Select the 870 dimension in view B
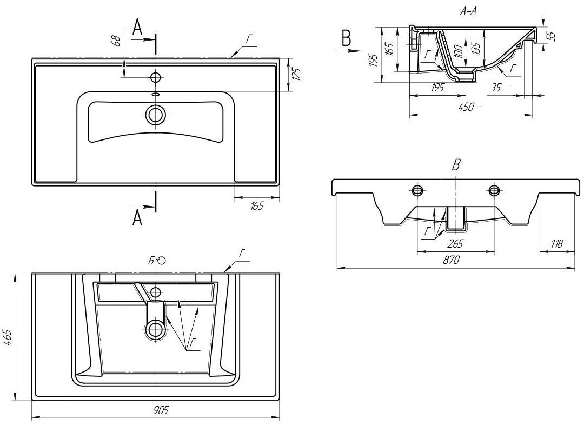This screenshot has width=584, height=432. pos(451,260)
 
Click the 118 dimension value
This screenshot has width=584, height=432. pos(555,244)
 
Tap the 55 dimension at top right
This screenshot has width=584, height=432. pos(551,36)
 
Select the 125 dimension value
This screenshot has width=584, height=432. pos(295,74)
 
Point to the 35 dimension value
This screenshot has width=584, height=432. pos(496,88)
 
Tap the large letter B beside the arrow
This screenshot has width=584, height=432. pos(347,38)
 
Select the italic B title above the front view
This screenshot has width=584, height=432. pos(455,165)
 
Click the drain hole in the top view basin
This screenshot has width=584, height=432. pos(156,115)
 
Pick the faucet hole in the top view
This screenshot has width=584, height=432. pos(156,77)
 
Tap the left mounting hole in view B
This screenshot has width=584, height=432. pos(417,190)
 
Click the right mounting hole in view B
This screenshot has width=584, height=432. pos(494,190)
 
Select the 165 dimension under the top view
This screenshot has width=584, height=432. pos(256,206)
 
